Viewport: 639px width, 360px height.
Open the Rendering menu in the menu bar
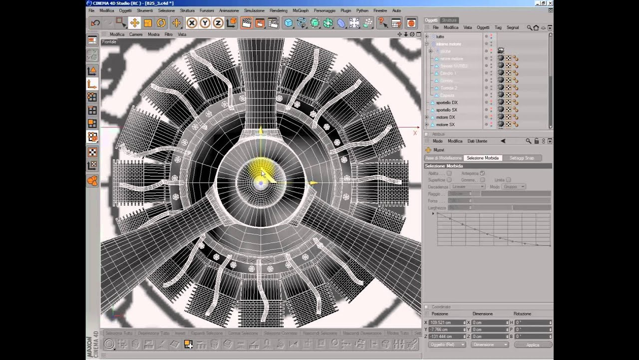tap(278, 10)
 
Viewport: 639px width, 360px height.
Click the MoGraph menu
tap(301, 10)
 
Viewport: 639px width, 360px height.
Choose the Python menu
tap(362, 10)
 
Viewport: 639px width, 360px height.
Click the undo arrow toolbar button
tap(95, 22)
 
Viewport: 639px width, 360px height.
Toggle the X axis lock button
tap(191, 22)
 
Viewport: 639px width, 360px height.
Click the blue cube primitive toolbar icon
tap(288, 22)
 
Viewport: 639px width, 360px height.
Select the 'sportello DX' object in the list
tap(446, 102)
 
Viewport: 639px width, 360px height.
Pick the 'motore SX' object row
tap(445, 124)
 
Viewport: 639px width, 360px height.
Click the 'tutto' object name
tap(440, 36)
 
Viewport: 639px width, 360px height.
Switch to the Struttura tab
tap(449, 20)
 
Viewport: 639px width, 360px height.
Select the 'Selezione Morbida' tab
tap(482, 158)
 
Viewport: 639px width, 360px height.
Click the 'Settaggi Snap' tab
tap(521, 158)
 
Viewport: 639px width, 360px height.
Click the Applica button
tap(532, 344)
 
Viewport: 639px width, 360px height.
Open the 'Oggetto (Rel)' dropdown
tap(447, 344)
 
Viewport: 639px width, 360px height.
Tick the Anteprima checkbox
tap(482, 173)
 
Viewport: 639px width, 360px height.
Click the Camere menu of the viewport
tap(136, 34)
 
